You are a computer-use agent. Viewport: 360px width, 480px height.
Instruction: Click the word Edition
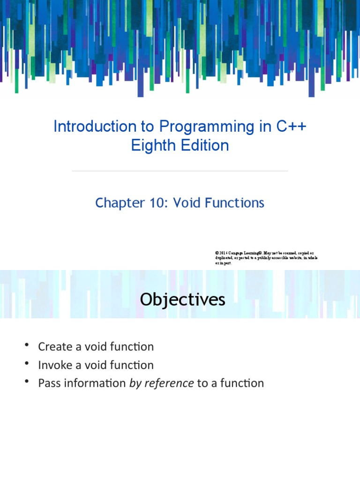[x=204, y=146]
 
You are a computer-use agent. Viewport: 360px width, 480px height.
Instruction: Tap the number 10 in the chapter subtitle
[x=157, y=203]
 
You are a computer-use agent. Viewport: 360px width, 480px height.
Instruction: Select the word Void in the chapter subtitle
[x=187, y=203]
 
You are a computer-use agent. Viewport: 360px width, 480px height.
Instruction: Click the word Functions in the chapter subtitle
[x=235, y=203]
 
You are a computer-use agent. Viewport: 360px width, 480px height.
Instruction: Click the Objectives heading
[x=182, y=300]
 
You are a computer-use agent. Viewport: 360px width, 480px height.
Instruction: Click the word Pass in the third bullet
[x=48, y=383]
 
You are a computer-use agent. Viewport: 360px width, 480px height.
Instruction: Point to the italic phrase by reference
[x=161, y=383]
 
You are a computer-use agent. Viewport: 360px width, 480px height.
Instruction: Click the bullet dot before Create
[x=28, y=346]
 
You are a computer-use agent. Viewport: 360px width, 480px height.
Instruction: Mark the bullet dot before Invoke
[x=28, y=364]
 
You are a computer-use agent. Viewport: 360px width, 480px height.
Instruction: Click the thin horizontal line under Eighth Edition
[x=180, y=171]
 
